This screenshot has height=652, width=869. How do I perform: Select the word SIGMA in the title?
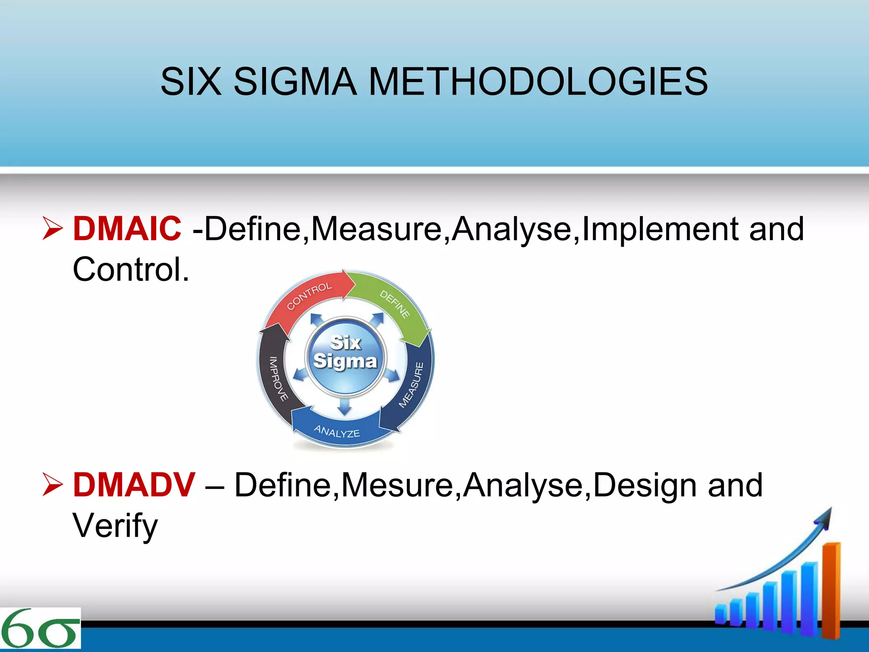pyautogui.click(x=295, y=81)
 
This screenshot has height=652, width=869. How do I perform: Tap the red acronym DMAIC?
pyautogui.click(x=127, y=228)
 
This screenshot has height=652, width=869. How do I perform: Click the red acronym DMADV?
pyautogui.click(x=134, y=485)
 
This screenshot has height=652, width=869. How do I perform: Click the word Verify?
pyautogui.click(x=115, y=526)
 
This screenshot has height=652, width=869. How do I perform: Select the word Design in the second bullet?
pyautogui.click(x=645, y=485)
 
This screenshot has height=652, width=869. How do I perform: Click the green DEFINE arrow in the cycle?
pyautogui.click(x=395, y=304)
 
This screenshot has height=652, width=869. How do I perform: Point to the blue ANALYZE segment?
pyautogui.click(x=337, y=431)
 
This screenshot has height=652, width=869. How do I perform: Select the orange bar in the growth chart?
pyautogui.click(x=831, y=590)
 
